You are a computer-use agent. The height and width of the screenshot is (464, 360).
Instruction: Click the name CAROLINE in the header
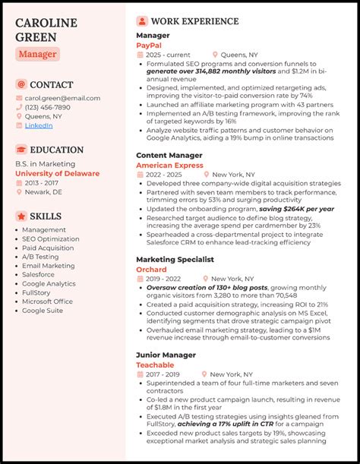click(46, 24)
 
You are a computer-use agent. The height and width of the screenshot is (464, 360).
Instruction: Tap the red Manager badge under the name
click(37, 54)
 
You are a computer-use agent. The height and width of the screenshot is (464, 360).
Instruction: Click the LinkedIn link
click(39, 125)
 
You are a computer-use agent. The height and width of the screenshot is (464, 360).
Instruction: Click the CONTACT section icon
click(21, 84)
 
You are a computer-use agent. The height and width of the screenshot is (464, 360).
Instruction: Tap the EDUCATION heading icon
click(21, 150)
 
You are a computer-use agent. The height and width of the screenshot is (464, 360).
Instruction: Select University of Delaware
click(57, 173)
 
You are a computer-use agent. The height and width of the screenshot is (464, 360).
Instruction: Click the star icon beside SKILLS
click(21, 216)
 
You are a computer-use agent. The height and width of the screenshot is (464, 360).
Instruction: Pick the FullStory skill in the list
click(36, 292)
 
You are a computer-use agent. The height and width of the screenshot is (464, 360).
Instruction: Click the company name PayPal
click(149, 45)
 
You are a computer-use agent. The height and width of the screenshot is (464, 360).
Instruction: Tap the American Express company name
click(172, 165)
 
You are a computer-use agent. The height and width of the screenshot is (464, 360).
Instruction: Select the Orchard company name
click(152, 269)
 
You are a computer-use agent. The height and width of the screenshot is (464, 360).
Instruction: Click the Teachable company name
click(155, 365)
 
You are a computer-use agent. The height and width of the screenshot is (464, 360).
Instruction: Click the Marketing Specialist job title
click(175, 259)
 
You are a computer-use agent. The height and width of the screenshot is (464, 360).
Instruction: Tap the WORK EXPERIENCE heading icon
click(142, 21)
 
